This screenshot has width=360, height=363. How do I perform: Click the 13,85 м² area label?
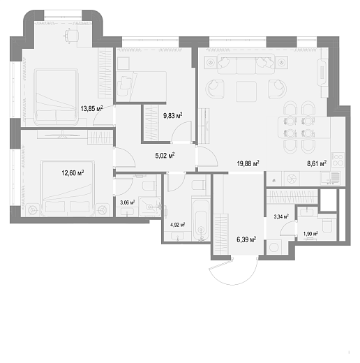tap(91, 108)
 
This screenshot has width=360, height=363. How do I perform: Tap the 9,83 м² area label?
tap(172, 115)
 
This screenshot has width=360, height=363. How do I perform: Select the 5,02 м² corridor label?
tap(165, 155)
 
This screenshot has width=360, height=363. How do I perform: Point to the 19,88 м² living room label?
tap(248, 163)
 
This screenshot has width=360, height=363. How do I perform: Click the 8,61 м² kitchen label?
tap(317, 163)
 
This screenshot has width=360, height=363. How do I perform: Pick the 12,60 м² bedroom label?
tap(73, 173)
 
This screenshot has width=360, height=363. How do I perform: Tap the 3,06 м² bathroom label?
tap(128, 202)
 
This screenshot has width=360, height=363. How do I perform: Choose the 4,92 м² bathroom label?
tap(178, 225)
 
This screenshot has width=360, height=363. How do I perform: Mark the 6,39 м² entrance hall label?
tap(246, 239)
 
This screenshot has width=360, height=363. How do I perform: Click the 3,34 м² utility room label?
tap(281, 216)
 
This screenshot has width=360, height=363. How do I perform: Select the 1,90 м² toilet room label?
tap(310, 233)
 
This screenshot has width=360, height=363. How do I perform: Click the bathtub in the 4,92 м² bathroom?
tap(201, 221)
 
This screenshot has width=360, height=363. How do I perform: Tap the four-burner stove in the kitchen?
tap(338, 160)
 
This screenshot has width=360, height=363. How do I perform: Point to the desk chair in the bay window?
tap(71, 36)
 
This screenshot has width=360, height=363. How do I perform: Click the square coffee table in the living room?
tap(246, 91)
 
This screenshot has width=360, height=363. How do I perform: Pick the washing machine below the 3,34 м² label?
tap(274, 247)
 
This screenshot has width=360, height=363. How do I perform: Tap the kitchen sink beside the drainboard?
tap(325, 178)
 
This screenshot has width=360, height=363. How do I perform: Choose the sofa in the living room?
tap(246, 64)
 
